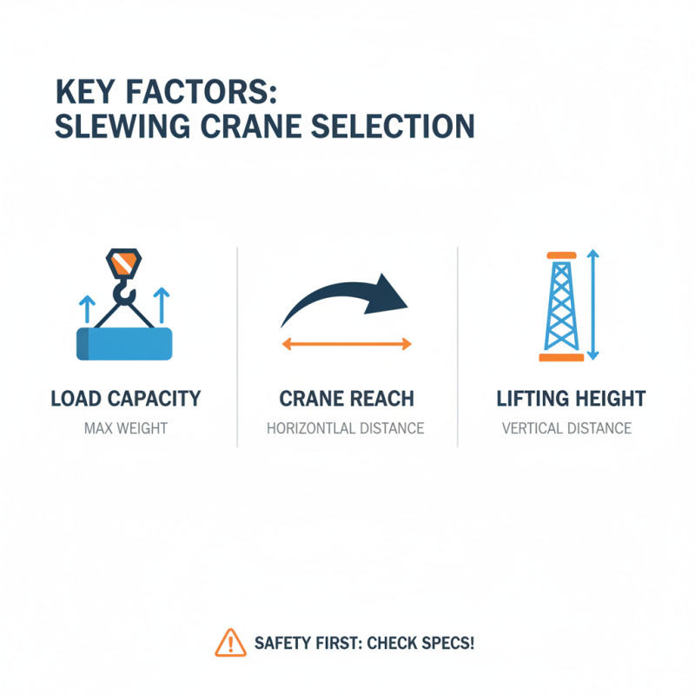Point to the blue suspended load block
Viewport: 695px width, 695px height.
(124, 343)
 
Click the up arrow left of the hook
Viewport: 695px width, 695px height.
(85, 308)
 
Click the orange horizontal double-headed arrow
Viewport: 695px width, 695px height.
(347, 345)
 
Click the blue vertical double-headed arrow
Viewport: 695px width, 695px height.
(593, 304)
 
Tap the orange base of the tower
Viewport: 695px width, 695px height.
(561, 356)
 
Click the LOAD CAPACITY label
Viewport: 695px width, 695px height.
(126, 400)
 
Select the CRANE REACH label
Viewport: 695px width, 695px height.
(347, 400)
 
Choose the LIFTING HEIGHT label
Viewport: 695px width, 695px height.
(571, 400)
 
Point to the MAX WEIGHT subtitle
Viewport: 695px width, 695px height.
(126, 428)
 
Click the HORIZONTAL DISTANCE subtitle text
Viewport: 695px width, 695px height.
(345, 428)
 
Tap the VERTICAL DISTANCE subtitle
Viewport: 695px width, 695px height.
(566, 428)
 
